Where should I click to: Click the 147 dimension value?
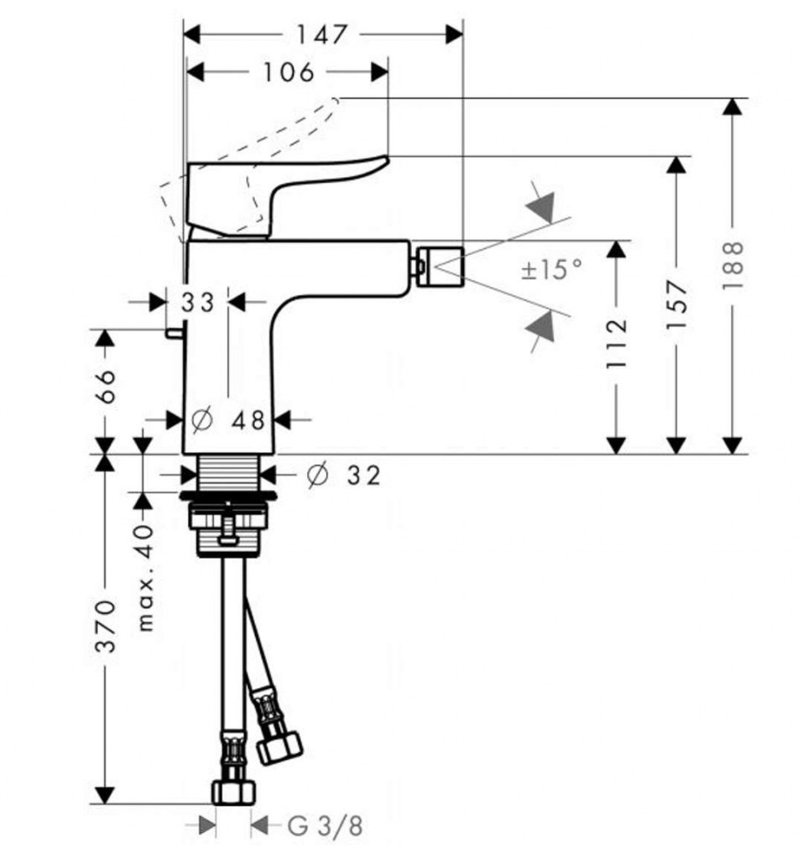click(321, 34)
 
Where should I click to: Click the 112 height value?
click(617, 344)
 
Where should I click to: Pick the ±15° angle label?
click(550, 270)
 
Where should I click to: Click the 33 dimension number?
click(199, 301)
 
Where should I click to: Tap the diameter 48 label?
click(227, 419)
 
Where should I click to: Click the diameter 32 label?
click(343, 476)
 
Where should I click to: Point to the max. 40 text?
click(144, 575)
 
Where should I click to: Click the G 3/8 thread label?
click(326, 826)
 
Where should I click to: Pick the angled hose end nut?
click(279, 746)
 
